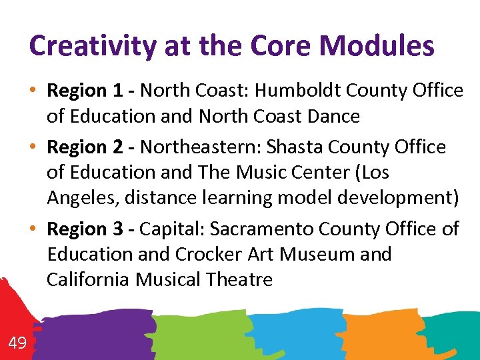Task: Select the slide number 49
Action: (17, 343)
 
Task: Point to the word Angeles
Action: (76, 198)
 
